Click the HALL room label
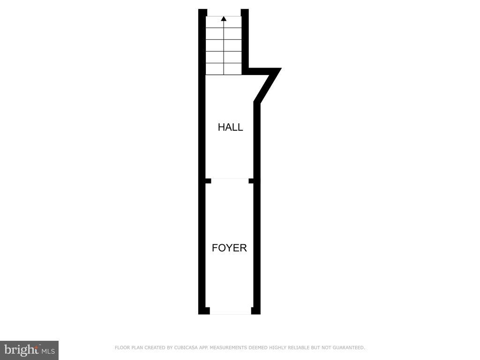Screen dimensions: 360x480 pos(230,127)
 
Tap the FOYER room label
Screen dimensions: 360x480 pos(229,248)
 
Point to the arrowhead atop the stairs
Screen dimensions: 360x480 pos(224,19)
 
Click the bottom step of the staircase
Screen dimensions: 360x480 pos(224,68)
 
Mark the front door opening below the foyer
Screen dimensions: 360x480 pos(230,311)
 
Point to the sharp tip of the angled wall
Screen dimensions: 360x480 pos(280,69)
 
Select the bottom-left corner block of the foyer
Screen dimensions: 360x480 pos(204,310)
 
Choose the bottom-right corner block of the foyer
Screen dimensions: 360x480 pos(255,310)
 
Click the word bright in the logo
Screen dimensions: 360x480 pos(21,350)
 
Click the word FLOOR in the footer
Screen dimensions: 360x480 pos(122,348)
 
